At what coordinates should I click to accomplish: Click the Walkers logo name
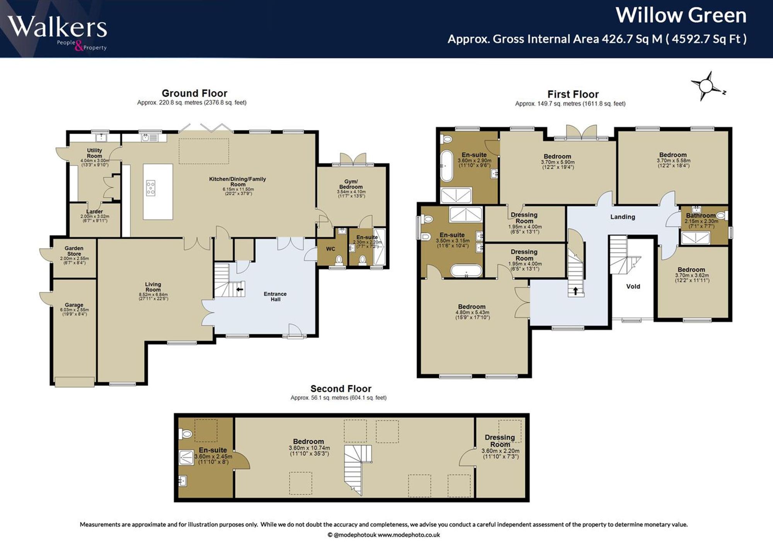(x=57, y=27)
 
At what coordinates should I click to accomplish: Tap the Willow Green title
(x=681, y=15)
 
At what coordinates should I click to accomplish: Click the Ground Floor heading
(x=194, y=93)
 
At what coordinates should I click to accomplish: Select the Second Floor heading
(x=341, y=389)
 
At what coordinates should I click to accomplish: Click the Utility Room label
(x=94, y=153)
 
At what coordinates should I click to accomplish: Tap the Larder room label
(x=95, y=211)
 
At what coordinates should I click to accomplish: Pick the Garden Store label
(x=74, y=251)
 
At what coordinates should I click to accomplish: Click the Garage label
(x=74, y=305)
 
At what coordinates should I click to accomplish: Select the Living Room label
(x=153, y=287)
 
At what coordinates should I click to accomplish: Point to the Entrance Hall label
(x=275, y=297)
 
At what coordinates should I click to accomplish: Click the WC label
(x=330, y=249)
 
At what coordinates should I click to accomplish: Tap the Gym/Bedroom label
(x=351, y=184)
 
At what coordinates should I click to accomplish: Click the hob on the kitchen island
(x=151, y=188)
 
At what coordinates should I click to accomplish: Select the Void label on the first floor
(x=633, y=286)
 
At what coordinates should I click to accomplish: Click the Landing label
(x=623, y=217)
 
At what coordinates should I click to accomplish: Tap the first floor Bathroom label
(x=701, y=216)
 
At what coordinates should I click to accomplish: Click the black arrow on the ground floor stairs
(x=240, y=289)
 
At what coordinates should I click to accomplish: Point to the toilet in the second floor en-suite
(x=186, y=434)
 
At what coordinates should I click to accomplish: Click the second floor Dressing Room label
(x=500, y=441)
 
